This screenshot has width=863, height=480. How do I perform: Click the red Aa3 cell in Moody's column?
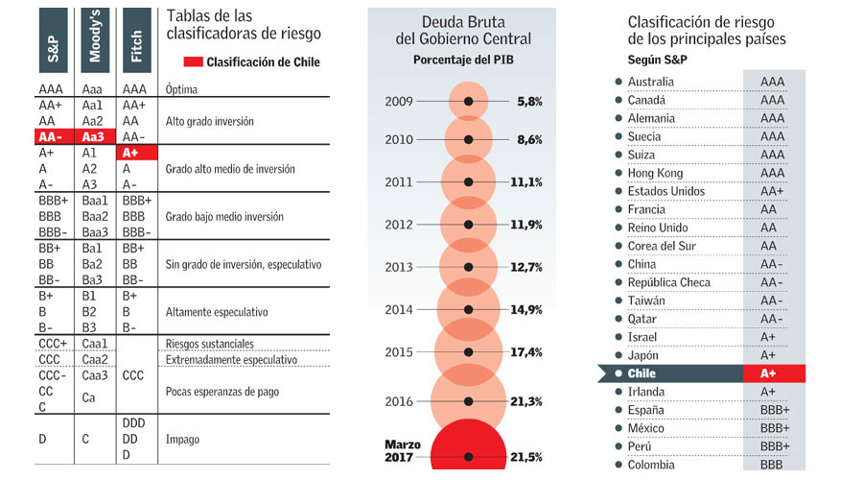pyautogui.click(x=94, y=137)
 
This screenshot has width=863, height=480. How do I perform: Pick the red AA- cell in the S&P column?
pyautogui.click(x=53, y=137)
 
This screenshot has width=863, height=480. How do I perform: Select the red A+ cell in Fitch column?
pyautogui.click(x=135, y=153)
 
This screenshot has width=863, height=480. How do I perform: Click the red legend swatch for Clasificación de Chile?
pyautogui.click(x=193, y=62)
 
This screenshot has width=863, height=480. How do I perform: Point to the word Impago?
pyautogui.click(x=184, y=440)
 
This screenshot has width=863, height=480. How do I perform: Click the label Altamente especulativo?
pyautogui.click(x=217, y=312)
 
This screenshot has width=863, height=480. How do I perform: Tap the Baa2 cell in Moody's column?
pyautogui.click(x=94, y=216)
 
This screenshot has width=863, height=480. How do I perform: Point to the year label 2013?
pyautogui.click(x=399, y=267)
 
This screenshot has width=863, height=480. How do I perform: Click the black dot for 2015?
pyautogui.click(x=468, y=352)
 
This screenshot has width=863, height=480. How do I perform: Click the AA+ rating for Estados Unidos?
pyautogui.click(x=772, y=191)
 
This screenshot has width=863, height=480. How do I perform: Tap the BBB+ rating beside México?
pyautogui.click(x=774, y=428)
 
